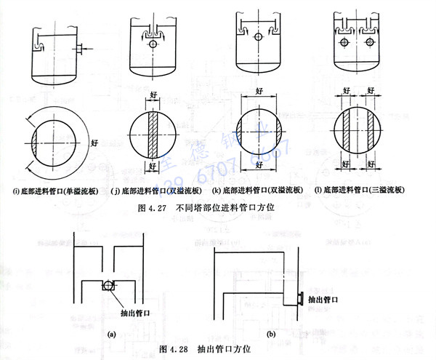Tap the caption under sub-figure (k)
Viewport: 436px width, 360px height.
click(258, 191)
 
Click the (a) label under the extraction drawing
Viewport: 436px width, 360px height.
click(110, 333)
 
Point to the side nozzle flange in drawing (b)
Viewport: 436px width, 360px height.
click(299, 297)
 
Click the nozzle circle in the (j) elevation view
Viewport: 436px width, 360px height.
click(153, 44)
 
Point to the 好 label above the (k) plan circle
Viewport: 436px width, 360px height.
click(259, 92)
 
